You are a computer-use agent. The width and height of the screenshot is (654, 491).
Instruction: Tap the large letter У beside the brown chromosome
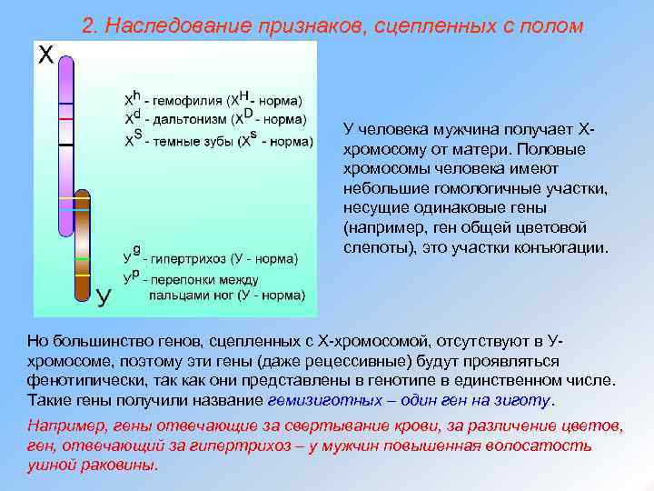coord(105,295)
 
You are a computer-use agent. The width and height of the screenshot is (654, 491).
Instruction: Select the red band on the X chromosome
coord(65,119)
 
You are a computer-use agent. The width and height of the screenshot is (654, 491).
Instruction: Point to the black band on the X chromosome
coord(65,145)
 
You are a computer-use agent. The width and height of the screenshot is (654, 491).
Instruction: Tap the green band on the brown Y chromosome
coord(83,258)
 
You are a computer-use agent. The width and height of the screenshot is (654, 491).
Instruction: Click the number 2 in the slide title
coord(88,25)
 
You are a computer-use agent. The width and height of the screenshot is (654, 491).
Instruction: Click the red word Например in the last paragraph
coord(63,426)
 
